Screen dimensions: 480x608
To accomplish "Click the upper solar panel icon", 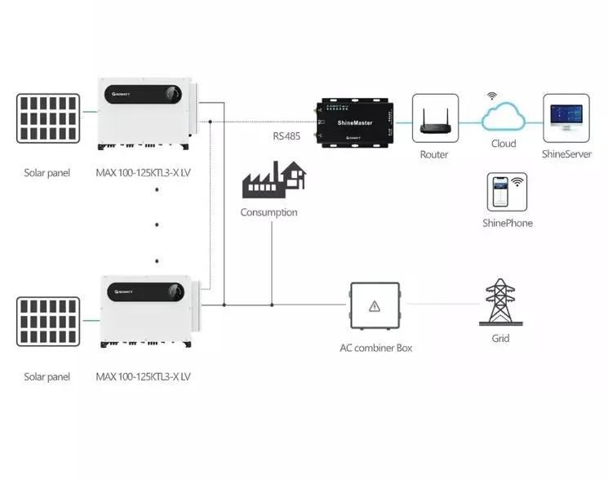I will point(48,119).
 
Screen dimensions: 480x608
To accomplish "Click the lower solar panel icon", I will point(48,323).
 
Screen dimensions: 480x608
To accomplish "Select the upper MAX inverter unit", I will point(145,113).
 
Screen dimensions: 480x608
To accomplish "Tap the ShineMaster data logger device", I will point(353,122).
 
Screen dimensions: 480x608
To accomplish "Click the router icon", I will point(434,120).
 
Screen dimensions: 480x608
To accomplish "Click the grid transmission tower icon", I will point(499,301).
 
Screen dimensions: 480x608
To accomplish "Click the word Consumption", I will point(268,212).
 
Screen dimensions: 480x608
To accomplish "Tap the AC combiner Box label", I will point(375,348).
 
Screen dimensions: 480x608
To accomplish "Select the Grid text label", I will point(499,338).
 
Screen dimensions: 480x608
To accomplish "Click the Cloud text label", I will point(503,144).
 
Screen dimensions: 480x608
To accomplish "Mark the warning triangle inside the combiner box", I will point(375,306).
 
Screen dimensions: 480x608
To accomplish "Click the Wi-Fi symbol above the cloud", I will point(492,96).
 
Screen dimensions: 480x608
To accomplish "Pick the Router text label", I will point(434,153).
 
